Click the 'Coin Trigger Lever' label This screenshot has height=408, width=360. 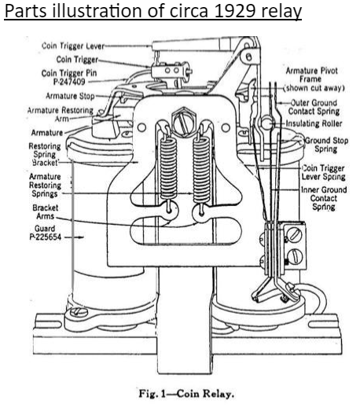point(73,46)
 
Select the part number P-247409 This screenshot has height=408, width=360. point(69,82)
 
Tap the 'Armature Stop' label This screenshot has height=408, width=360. point(70,96)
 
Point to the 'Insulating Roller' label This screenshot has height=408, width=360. point(314,123)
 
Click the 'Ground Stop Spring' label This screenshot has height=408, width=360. point(326,145)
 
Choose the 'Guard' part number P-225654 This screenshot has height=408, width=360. point(46,237)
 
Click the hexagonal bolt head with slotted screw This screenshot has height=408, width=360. point(184,121)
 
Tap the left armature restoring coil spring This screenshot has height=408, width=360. point(168,171)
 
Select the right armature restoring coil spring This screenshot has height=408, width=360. point(201,171)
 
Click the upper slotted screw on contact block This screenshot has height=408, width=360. point(294,234)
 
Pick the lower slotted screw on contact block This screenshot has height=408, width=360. point(296,256)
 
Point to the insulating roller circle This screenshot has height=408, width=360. point(266,123)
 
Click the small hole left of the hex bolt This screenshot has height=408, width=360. point(141,127)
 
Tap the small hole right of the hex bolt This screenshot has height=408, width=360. point(226,127)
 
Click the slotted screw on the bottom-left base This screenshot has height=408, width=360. point(79,312)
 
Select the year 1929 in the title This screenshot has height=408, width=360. point(234,11)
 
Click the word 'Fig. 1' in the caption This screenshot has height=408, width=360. point(152,394)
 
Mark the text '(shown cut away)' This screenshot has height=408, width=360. point(314,88)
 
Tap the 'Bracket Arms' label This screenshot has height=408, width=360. point(45,212)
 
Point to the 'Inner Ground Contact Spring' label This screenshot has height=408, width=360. point(324,198)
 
